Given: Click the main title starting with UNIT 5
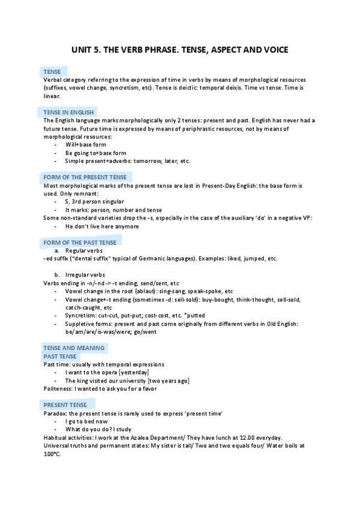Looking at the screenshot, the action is coord(180,50).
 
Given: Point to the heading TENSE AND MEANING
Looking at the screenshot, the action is coord(74,348).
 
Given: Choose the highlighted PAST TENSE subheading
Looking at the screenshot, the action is coord(60,357).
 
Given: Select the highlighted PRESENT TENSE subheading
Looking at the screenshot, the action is coord(66,405).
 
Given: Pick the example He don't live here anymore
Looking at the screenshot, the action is coord(102,226).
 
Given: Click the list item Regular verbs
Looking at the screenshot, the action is coord(84,250).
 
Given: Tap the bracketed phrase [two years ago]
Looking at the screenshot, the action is coord(168,381).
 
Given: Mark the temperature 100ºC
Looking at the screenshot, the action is coord(52,454).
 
